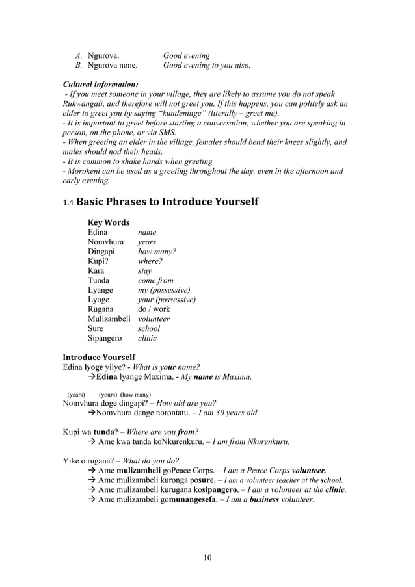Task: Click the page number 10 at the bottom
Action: [x=207, y=557]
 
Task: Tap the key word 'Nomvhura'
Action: [x=106, y=242]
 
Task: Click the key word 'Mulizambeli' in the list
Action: [x=109, y=319]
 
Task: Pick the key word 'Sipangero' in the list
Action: [x=104, y=338]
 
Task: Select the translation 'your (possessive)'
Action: [x=167, y=300]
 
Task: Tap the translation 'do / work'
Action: [x=154, y=309]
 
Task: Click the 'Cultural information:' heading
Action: [x=100, y=85]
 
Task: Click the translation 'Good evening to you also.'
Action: [x=206, y=65]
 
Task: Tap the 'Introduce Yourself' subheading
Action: [x=98, y=357]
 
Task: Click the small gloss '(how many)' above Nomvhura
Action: [x=136, y=395]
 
